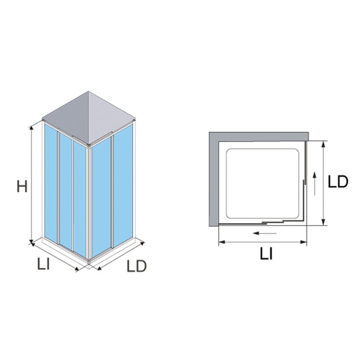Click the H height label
(x=22, y=186)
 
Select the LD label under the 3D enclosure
(x=136, y=266)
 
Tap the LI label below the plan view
(x=266, y=254)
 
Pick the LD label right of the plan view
(x=337, y=182)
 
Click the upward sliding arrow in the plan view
(x=314, y=183)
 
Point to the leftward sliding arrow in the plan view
(x=264, y=233)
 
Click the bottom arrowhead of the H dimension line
(x=31, y=241)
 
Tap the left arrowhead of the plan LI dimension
(x=222, y=242)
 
